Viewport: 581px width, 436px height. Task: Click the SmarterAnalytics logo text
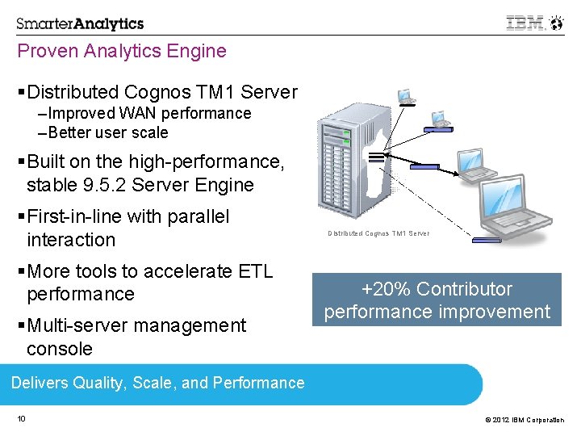pos(80,23)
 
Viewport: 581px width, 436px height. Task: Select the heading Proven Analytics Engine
pos(122,52)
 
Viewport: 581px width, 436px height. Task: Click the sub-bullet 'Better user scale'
pos(103,132)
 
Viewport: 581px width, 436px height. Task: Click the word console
pos(60,349)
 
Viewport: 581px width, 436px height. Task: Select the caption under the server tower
pos(378,234)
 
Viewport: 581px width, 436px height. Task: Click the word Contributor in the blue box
pos(466,289)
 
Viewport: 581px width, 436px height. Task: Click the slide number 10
pos(21,418)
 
